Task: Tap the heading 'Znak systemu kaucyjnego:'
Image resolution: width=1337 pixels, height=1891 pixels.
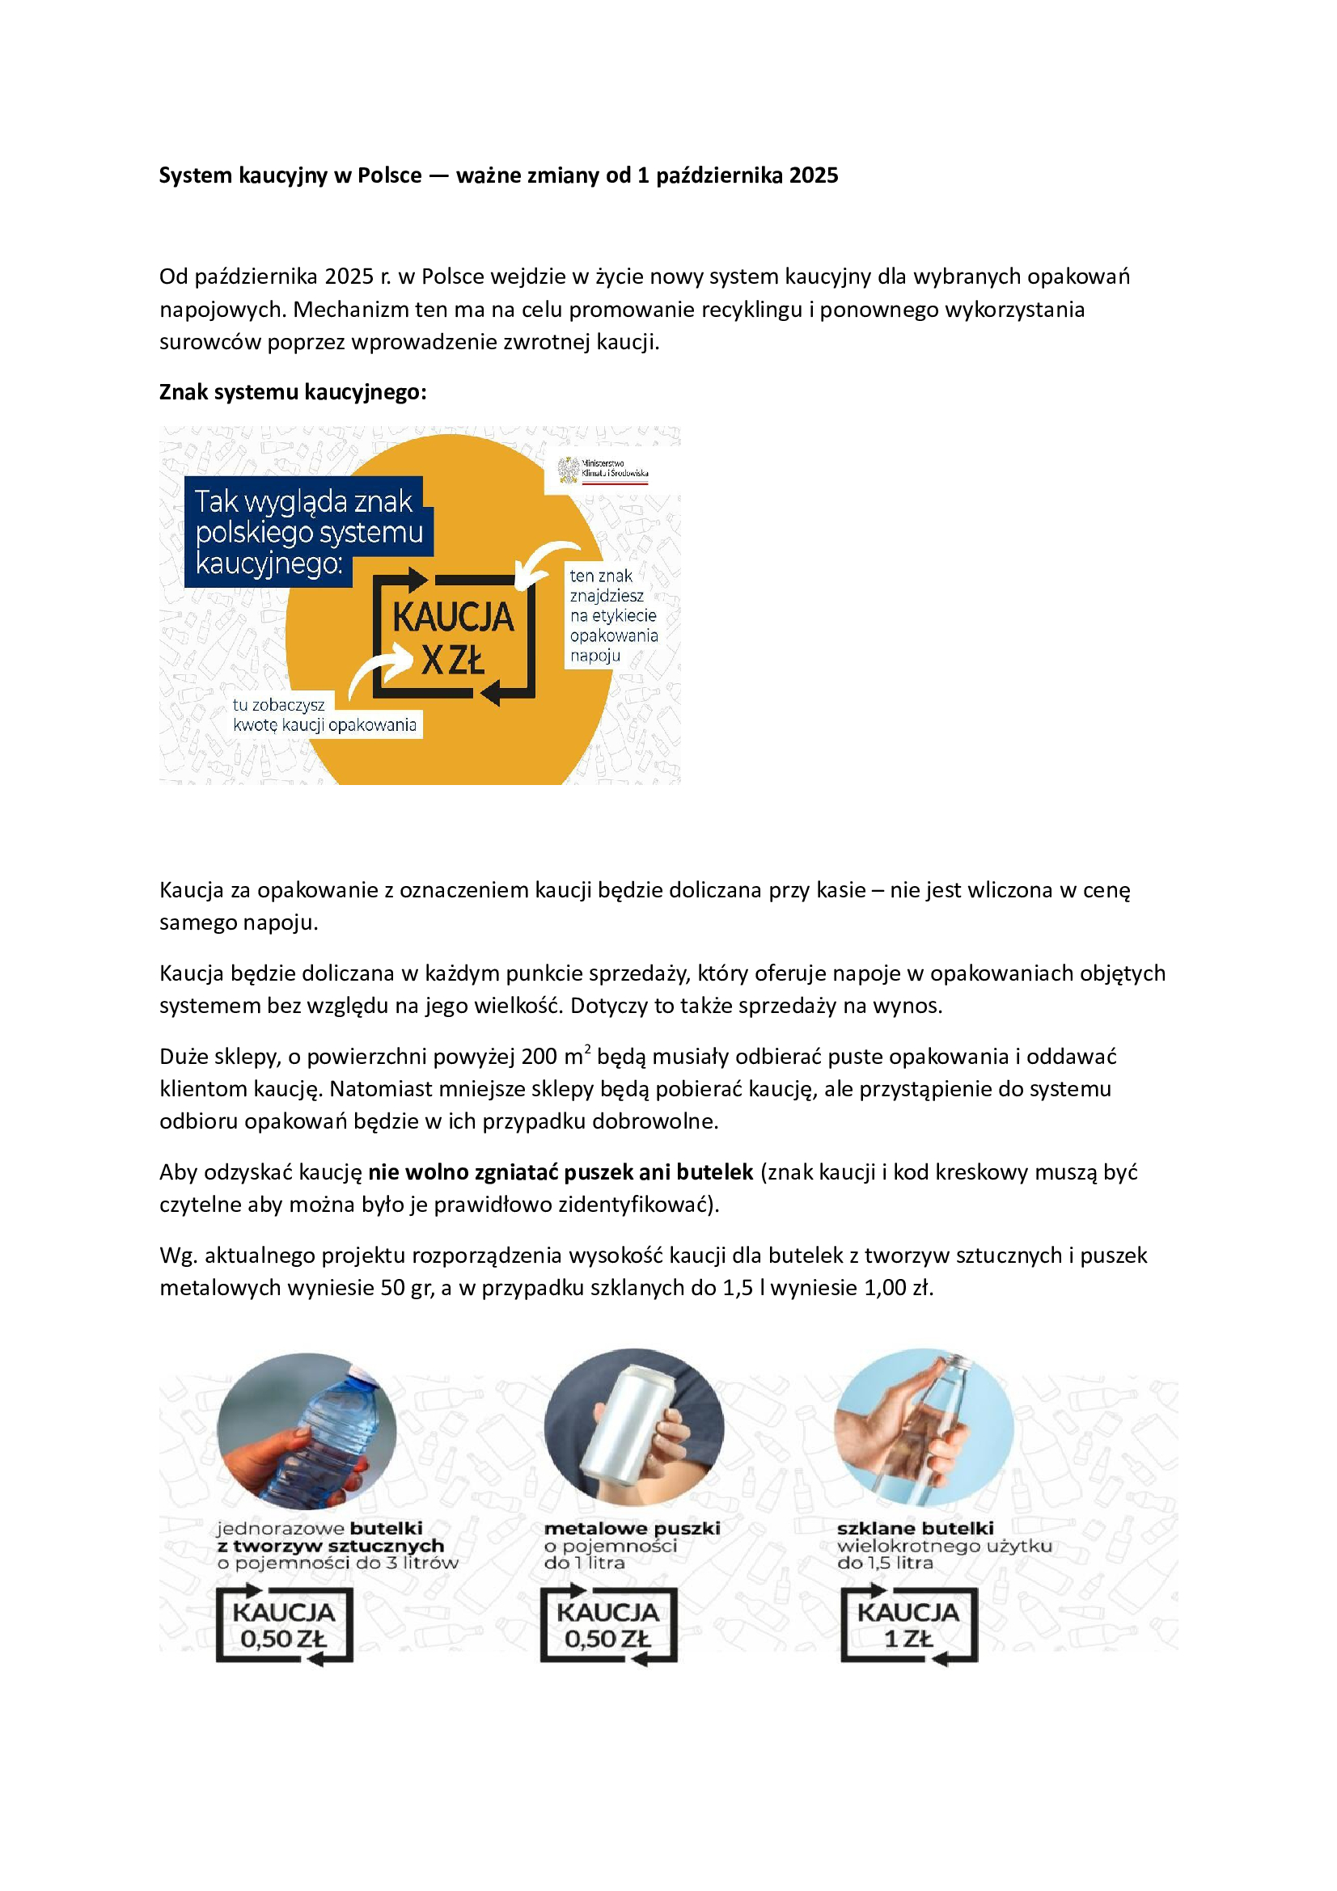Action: point(293,392)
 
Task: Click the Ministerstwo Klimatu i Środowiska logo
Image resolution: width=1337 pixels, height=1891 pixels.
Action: point(603,471)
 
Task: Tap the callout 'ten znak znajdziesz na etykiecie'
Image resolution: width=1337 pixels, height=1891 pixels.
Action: point(613,615)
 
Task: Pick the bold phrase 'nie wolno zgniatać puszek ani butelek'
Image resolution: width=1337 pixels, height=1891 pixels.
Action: point(561,1172)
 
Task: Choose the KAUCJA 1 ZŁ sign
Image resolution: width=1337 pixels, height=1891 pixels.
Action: point(908,1625)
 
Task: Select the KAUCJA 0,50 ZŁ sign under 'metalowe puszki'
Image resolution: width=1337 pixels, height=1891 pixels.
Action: point(608,1625)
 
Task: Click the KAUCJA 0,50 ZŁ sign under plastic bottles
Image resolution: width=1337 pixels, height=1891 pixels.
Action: point(284,1625)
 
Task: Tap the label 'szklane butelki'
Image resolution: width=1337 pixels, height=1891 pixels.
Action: point(916,1528)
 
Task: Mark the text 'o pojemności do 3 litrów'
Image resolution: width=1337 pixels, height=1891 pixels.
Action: point(337,1563)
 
